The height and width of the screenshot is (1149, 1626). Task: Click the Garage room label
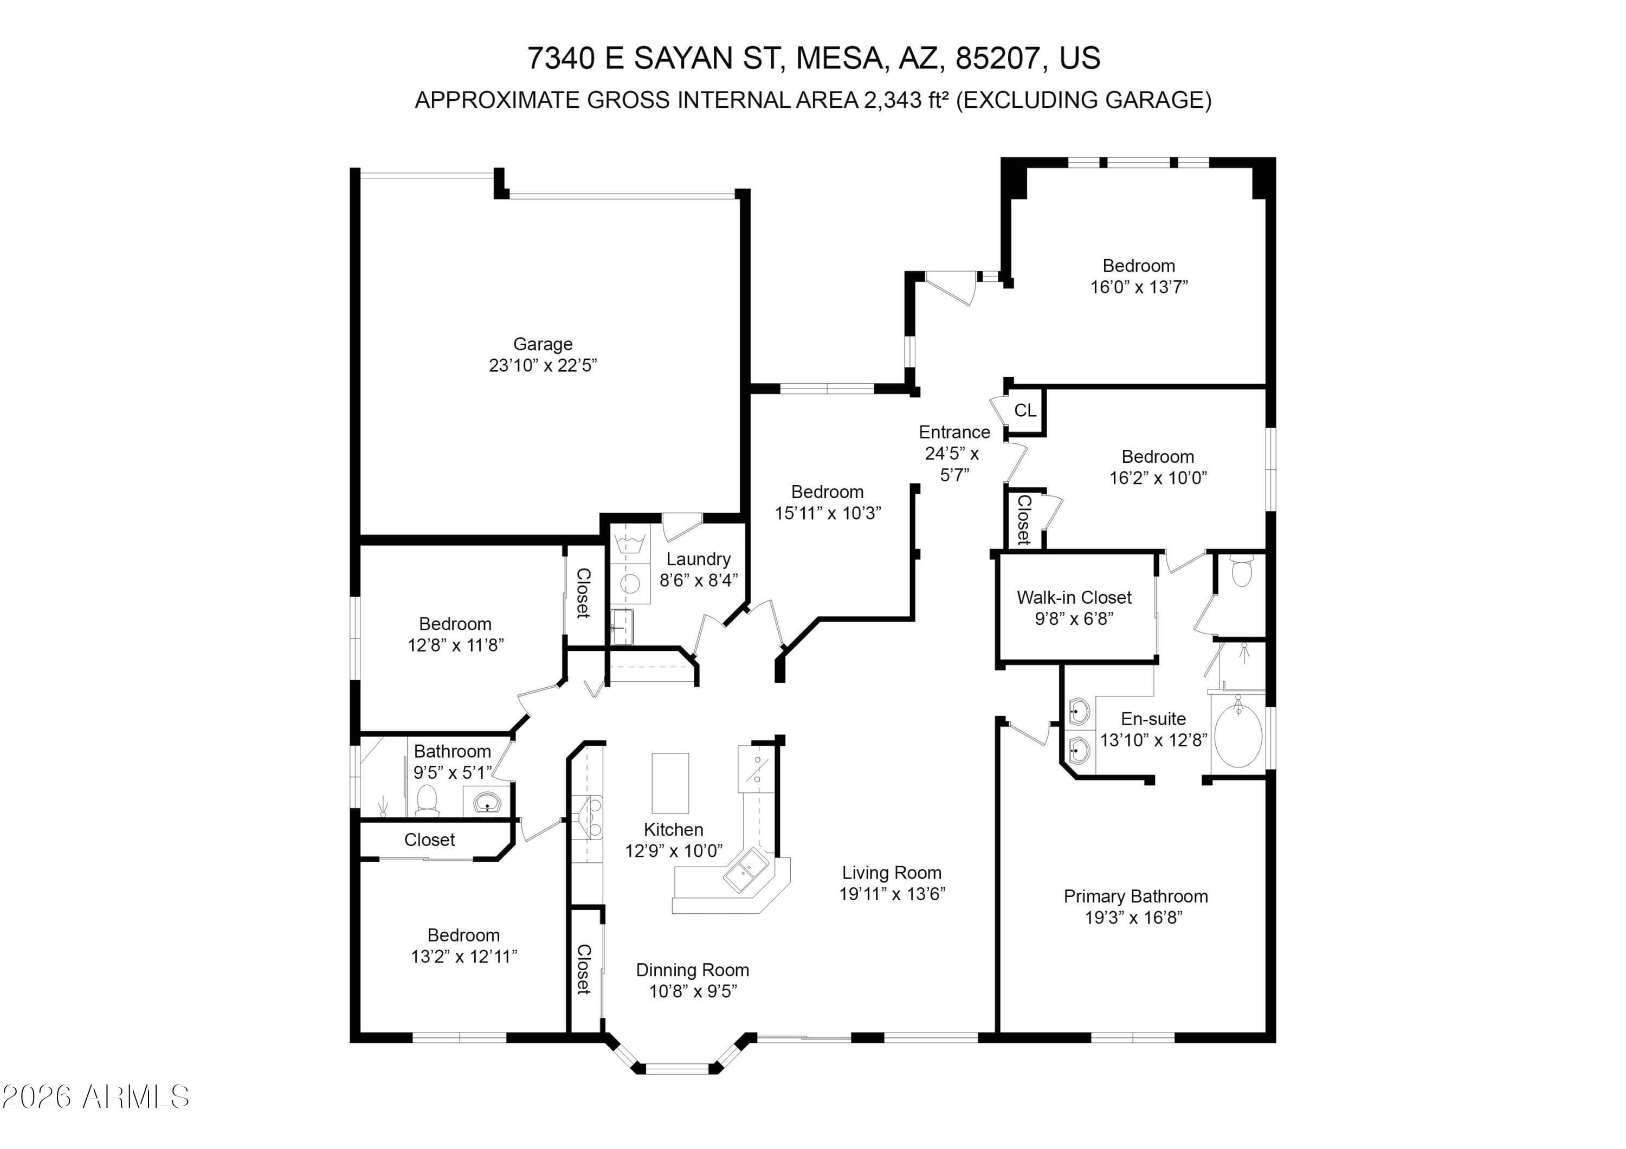543,344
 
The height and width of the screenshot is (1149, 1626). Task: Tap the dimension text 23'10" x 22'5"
543,365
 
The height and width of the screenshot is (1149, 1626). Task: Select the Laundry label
698,559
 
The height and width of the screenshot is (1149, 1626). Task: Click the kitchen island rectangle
670,783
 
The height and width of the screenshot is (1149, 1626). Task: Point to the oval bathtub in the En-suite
1238,736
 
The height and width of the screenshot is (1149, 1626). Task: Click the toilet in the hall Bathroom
427,800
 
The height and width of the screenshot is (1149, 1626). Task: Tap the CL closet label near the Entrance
1025,411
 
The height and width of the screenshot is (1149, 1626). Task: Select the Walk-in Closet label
1074,597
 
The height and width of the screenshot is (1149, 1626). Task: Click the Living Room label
891,873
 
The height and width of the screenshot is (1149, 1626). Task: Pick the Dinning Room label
692,970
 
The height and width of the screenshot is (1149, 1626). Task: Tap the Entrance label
954,433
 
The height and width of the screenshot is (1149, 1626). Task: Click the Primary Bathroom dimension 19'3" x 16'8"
1133,918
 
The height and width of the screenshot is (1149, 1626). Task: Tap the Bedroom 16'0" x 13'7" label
1138,266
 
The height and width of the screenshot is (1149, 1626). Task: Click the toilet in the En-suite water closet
1242,572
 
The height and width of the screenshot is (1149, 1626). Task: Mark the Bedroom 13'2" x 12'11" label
463,935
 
